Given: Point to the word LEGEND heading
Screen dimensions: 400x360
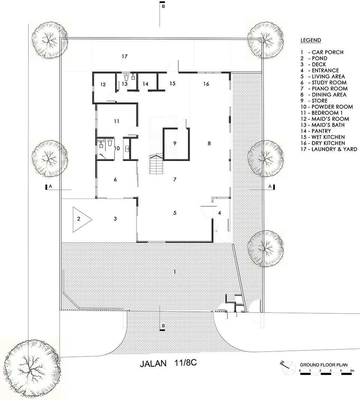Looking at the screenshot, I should [x=310, y=40].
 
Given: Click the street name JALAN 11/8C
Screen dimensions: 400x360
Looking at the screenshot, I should [x=169, y=364].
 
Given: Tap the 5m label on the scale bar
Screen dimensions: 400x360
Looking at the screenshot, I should [x=351, y=371].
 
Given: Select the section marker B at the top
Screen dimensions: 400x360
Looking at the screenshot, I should [x=163, y=6].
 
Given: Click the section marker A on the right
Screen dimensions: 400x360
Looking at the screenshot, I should [x=270, y=186].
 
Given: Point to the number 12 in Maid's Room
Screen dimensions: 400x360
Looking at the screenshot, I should [x=103, y=84].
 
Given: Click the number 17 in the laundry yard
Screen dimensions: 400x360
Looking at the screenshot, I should [x=125, y=57].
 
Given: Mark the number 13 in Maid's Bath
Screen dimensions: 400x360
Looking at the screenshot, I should [x=124, y=84].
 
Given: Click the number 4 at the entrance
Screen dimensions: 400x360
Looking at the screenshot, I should [x=220, y=213].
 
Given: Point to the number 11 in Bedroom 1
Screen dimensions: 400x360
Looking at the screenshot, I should [x=117, y=121].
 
